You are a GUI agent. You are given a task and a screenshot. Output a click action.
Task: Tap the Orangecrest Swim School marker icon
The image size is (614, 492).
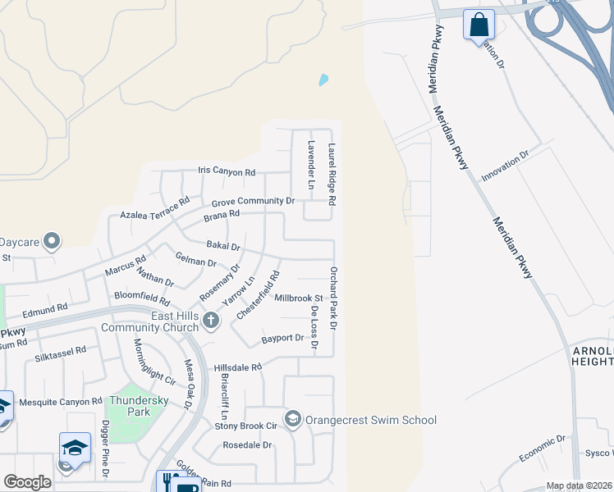pos(292,420)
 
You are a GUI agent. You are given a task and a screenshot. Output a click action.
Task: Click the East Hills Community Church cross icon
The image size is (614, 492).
pos(211,321)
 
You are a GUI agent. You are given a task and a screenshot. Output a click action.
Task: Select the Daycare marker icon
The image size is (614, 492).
pos(52,241)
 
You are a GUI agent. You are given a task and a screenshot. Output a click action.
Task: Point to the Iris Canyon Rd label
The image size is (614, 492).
pos(227,172)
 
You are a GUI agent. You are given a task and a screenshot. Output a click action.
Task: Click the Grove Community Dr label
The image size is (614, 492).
pos(253,201)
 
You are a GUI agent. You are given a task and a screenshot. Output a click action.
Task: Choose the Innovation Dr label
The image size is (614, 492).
pos(506,166)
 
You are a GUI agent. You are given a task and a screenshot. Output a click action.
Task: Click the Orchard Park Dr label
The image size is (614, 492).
pos(334,298)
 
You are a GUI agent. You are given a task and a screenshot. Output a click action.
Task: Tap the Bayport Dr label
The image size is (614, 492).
pos(282,338)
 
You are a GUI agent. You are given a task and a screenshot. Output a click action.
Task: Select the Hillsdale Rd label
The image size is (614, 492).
pos(237,367)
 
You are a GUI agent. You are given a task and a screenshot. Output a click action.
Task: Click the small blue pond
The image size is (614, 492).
pos(323,80)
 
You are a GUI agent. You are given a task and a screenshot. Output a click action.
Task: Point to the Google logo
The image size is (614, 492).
pos(27,481)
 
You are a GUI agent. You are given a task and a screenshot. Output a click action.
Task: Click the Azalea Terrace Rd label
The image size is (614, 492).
pos(154,207)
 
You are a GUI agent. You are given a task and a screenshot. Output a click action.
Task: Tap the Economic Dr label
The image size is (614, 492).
pos(543,449)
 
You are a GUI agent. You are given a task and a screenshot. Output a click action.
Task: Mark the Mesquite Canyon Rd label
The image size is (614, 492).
pos(62,402)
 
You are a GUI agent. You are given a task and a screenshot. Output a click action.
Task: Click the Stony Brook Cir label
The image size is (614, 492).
pos(247,426)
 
